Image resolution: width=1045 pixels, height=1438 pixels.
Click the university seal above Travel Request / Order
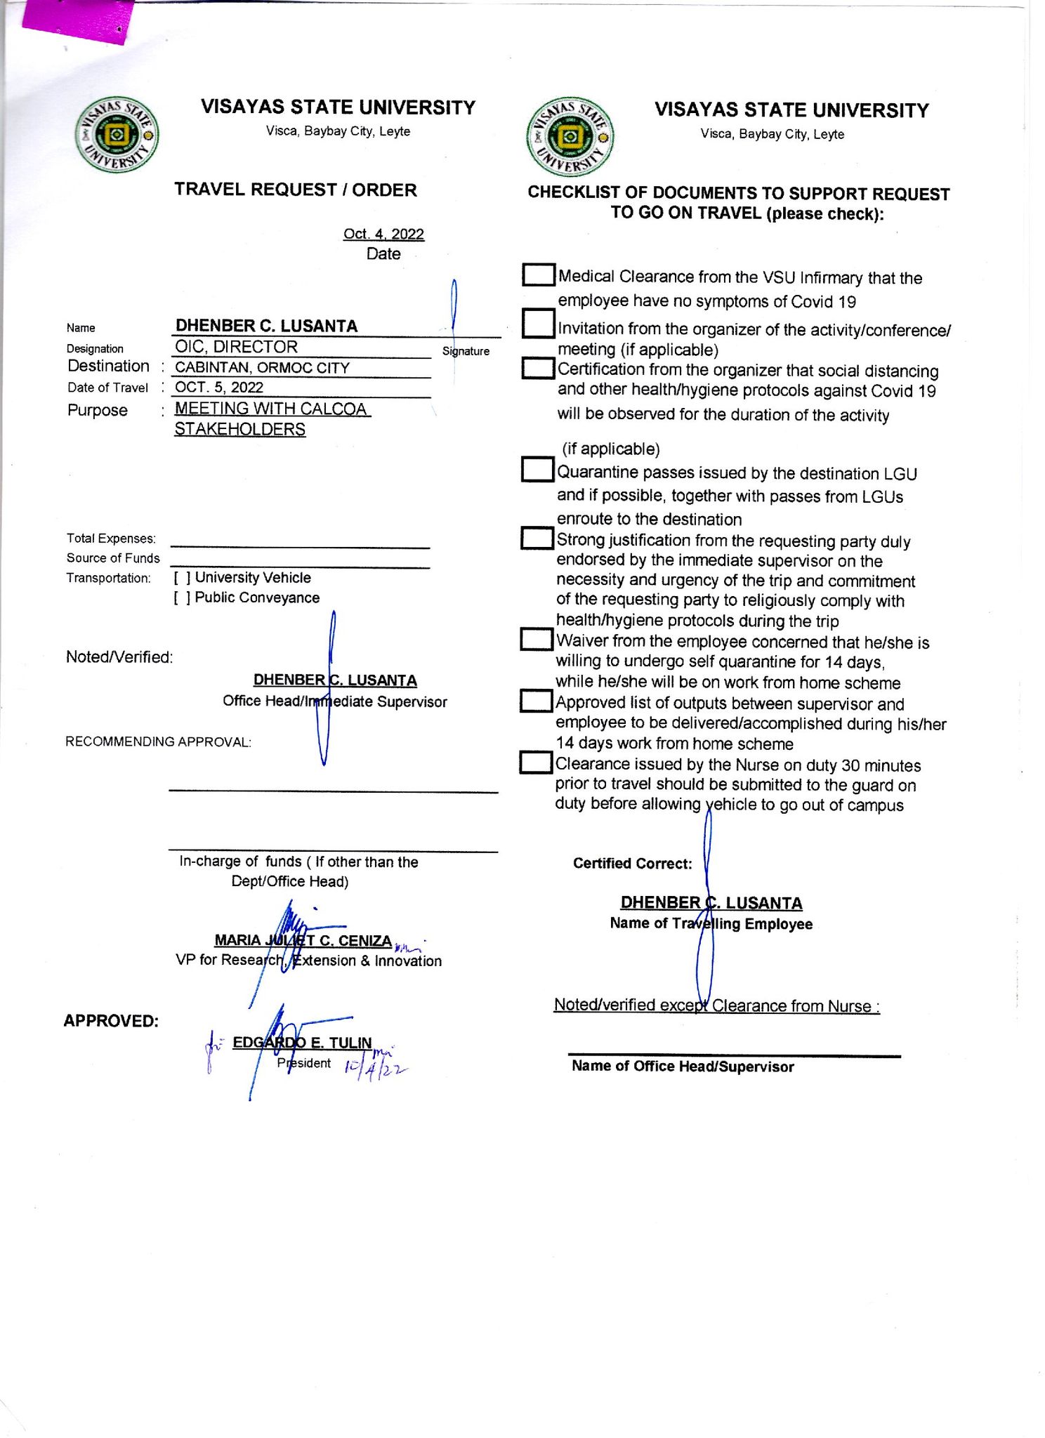tap(117, 135)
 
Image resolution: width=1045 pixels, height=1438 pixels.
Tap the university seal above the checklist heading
tap(570, 137)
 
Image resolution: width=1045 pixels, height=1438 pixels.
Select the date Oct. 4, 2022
tap(383, 234)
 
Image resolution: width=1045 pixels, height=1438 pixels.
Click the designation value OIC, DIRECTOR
tap(236, 347)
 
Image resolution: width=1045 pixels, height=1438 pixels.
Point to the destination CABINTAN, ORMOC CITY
tap(262, 367)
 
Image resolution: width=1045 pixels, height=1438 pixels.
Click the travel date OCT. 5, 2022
tap(219, 388)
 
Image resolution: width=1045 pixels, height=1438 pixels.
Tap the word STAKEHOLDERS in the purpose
tap(239, 429)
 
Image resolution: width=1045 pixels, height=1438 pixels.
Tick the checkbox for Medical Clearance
tap(539, 275)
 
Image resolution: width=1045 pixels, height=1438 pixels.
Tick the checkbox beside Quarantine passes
tap(538, 470)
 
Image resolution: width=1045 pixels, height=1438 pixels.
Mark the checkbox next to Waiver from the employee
tap(537, 639)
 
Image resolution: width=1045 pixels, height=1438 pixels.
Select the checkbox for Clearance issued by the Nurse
tap(536, 762)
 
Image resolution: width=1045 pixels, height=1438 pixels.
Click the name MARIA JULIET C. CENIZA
tap(303, 940)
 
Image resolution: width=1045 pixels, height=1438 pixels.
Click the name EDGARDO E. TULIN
tap(302, 1043)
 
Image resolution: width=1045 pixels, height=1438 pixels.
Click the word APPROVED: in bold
tap(111, 1021)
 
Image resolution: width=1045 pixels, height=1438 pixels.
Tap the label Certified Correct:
tap(632, 864)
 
